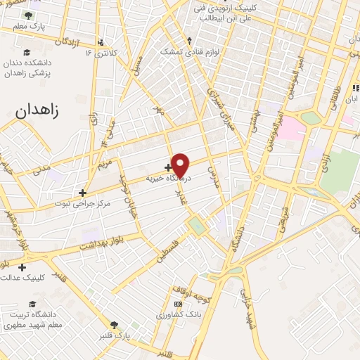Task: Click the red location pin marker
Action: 181,165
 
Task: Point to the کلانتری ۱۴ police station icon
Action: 102,41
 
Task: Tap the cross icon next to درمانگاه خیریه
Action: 167,167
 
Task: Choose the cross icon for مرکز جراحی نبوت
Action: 83,192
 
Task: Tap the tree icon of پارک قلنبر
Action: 115,324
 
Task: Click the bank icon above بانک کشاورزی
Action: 178,303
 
